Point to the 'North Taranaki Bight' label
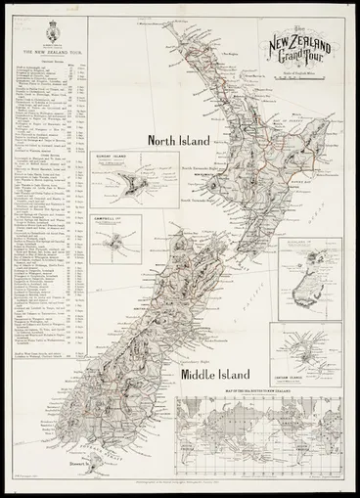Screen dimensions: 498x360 (x=202, y=168)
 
